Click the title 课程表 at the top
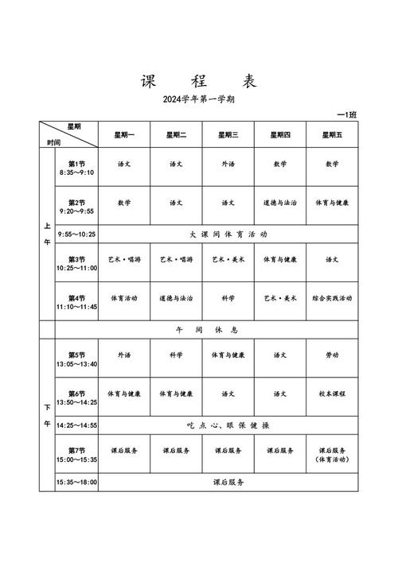pos(198,81)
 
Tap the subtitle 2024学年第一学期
pos(198,100)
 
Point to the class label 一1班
pos(347,115)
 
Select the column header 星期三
pos(228,135)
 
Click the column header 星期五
pos(331,135)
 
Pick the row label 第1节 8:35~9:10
pos(76,168)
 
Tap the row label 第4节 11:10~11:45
pos(76,302)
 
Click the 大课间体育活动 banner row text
pos(228,234)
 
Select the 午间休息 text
pos(206,329)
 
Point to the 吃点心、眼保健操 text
pos(228,425)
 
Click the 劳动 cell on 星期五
pos(331,355)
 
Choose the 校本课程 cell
pos(331,393)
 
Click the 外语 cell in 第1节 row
pos(228,164)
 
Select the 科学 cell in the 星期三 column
pos(228,298)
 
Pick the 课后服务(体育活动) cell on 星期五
pos(331,455)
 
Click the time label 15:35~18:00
pos(76,482)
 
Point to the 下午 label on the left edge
pos(47,417)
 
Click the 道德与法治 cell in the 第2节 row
pos(279,203)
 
